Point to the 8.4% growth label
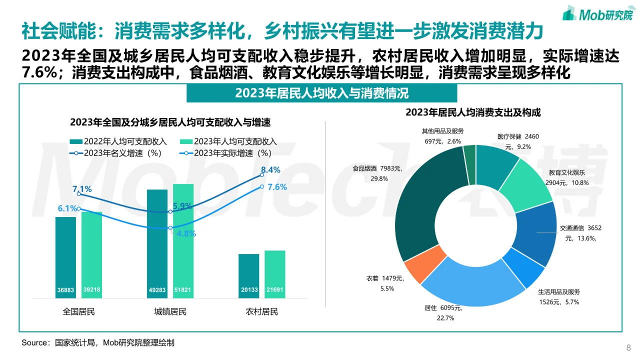pyautogui.click(x=270, y=169)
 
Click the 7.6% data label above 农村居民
pyautogui.click(x=277, y=187)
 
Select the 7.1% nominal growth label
pyautogui.click(x=82, y=189)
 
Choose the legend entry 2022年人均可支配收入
pyautogui.click(x=120, y=141)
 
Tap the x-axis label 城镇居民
pyautogui.click(x=170, y=312)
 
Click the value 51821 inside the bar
pyautogui.click(x=182, y=290)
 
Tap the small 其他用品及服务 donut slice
pyautogui.click(x=469, y=154)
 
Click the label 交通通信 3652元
pyautogui.click(x=580, y=228)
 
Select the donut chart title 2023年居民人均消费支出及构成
pyautogui.click(x=473, y=113)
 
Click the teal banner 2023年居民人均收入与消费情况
pyautogui.click(x=321, y=93)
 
